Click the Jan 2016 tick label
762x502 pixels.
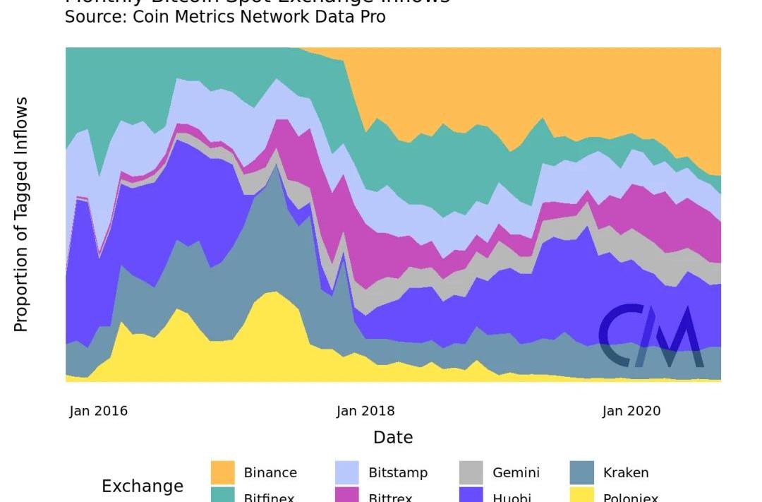click(x=99, y=411)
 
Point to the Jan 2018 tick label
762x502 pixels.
click(x=365, y=411)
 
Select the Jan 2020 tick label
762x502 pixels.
click(x=631, y=411)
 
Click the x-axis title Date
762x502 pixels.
click(x=393, y=438)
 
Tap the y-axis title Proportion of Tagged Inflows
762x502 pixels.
click(x=21, y=215)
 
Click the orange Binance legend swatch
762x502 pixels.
click(x=223, y=472)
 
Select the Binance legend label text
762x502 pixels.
click(x=270, y=473)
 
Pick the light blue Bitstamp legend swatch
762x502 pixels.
click(x=347, y=472)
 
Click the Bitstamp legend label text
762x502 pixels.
click(x=398, y=473)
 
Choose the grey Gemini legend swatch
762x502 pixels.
click(x=471, y=472)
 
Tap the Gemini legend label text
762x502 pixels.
click(x=516, y=473)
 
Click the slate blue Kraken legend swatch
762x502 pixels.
click(x=581, y=472)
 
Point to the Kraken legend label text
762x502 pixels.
click(x=626, y=473)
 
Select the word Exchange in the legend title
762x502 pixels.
click(x=143, y=486)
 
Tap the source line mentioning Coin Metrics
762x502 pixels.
click(x=225, y=16)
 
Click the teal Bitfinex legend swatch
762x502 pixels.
click(x=223, y=496)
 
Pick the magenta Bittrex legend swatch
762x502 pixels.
click(x=347, y=496)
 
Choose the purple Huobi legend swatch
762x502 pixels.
click(x=471, y=496)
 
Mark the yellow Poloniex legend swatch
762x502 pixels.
click(x=581, y=496)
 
